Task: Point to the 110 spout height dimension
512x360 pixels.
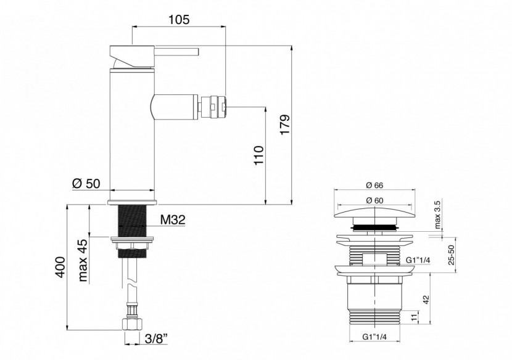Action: (x=258, y=157)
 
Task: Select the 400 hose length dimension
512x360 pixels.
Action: (x=59, y=266)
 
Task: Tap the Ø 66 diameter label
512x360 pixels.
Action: (x=375, y=184)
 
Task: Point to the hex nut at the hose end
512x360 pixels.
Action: (x=132, y=325)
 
